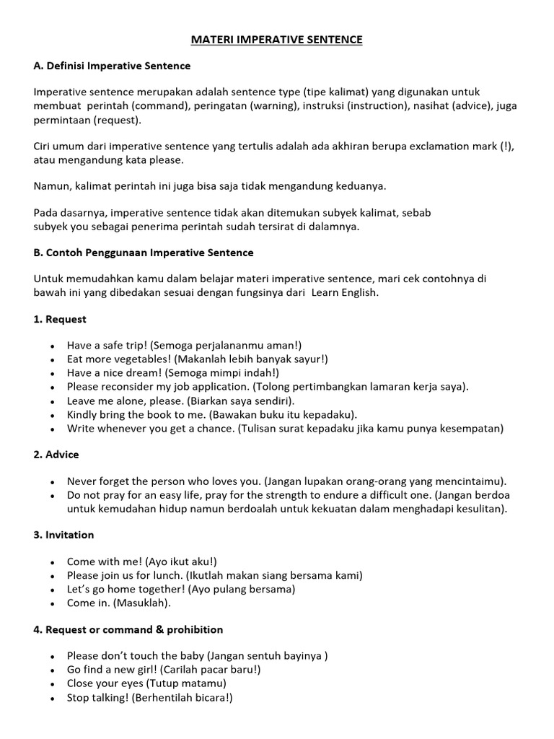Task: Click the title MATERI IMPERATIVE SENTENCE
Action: point(276,40)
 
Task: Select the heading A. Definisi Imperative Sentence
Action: point(112,66)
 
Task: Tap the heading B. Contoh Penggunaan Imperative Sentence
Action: point(143,253)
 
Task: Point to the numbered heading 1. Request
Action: point(60,319)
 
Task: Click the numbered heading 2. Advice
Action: point(56,455)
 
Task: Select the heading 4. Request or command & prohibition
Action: point(128,629)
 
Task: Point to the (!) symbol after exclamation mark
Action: point(508,146)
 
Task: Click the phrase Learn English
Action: point(344,293)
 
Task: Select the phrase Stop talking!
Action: point(97,698)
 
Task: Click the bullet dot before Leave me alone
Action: point(53,401)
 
